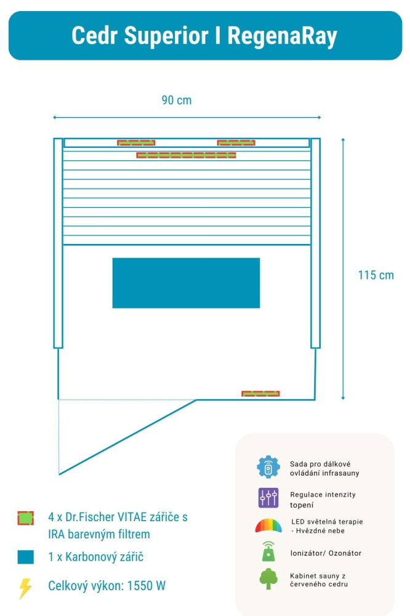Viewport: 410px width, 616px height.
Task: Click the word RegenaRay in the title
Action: click(x=282, y=36)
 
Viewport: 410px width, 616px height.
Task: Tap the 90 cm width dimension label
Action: click(x=177, y=100)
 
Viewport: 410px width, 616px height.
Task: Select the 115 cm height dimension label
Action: click(x=376, y=275)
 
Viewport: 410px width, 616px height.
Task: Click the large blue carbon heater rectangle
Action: click(x=186, y=283)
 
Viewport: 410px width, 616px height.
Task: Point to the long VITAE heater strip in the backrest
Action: click(x=186, y=155)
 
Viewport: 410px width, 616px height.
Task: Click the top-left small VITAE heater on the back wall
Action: click(x=136, y=143)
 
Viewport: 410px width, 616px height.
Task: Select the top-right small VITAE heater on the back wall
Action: click(x=236, y=143)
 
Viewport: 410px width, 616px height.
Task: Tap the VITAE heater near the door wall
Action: click(x=260, y=394)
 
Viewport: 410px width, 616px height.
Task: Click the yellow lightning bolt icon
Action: click(x=25, y=588)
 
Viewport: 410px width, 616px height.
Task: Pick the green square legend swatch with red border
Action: click(x=25, y=518)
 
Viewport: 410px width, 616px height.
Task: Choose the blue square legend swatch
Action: click(x=25, y=557)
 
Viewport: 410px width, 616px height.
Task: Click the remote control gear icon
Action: click(x=268, y=468)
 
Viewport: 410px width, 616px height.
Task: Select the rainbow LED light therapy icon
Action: click(x=268, y=526)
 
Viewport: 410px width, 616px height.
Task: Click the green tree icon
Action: click(x=268, y=579)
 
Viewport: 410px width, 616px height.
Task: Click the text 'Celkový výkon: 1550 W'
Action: click(x=107, y=586)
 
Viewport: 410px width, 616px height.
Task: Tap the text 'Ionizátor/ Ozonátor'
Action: click(x=326, y=553)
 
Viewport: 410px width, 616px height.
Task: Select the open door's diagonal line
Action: click(x=127, y=437)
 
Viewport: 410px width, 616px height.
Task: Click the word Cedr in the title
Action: click(x=94, y=36)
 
